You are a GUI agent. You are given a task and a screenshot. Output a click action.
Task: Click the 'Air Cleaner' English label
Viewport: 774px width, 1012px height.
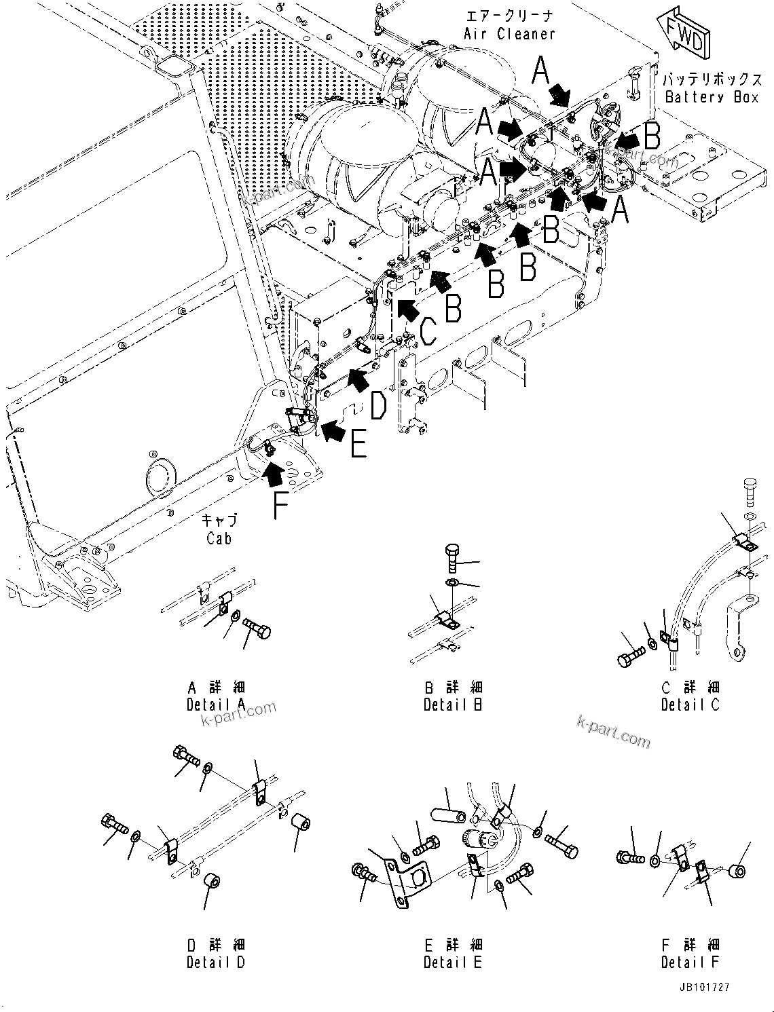pos(509,34)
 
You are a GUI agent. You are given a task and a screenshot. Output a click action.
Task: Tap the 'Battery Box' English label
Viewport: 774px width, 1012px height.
pos(712,97)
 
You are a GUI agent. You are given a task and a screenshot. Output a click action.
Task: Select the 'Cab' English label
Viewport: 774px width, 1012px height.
pos(219,538)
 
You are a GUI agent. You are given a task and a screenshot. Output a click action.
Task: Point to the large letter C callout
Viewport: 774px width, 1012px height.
pos(429,333)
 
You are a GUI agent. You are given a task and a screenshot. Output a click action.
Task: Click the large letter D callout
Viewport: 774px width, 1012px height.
pos(378,407)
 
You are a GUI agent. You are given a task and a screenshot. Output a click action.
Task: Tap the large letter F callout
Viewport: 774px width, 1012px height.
pos(280,505)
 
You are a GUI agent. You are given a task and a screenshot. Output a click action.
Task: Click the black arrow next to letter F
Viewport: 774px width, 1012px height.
pos(273,473)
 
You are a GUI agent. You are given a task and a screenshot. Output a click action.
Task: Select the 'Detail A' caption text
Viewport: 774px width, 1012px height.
pos(215,705)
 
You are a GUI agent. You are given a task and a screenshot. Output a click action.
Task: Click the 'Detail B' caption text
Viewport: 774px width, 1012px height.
pos(453,705)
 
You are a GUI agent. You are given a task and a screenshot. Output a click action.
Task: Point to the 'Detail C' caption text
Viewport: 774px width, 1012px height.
pos(690,705)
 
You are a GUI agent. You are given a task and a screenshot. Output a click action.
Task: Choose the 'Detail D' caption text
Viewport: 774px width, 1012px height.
pos(215,962)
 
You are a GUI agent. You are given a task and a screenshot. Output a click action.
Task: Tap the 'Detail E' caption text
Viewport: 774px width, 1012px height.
pos(453,962)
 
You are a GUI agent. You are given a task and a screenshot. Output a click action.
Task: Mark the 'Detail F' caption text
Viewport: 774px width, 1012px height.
pos(690,962)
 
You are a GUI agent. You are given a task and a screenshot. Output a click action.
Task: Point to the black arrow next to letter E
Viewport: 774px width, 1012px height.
pos(333,430)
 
